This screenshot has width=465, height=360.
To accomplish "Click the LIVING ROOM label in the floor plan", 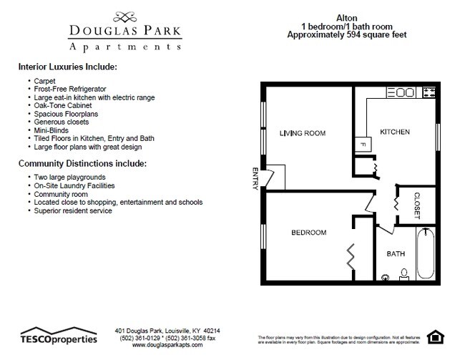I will [303, 133].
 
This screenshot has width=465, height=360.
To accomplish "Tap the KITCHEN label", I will [394, 132].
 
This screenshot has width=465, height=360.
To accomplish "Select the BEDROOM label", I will [308, 233].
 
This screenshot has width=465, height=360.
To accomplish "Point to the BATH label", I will [396, 253].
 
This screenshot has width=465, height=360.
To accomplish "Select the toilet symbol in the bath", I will [403, 273].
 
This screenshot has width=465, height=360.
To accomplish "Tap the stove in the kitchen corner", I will [429, 92].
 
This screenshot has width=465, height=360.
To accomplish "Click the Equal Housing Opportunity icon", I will [434, 336].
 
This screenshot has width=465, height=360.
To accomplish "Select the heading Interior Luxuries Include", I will [67, 67].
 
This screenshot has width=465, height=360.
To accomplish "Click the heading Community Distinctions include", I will [82, 163].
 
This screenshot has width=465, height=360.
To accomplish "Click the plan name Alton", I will [346, 16].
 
